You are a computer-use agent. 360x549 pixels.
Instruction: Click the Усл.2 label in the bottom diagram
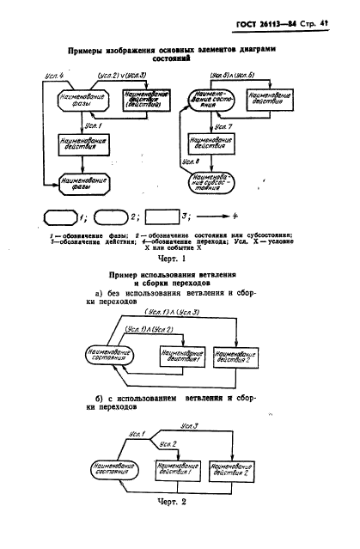[x=168, y=443]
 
